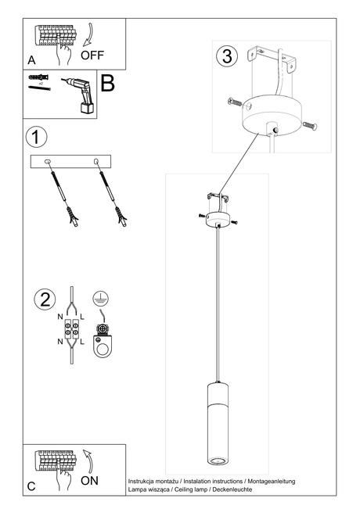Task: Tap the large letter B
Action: pyautogui.click(x=108, y=84)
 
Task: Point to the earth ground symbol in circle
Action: pyautogui.click(x=100, y=298)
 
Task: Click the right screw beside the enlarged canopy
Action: pyautogui.click(x=308, y=123)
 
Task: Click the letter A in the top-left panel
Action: pyautogui.click(x=31, y=59)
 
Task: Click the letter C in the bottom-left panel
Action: pyautogui.click(x=31, y=486)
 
